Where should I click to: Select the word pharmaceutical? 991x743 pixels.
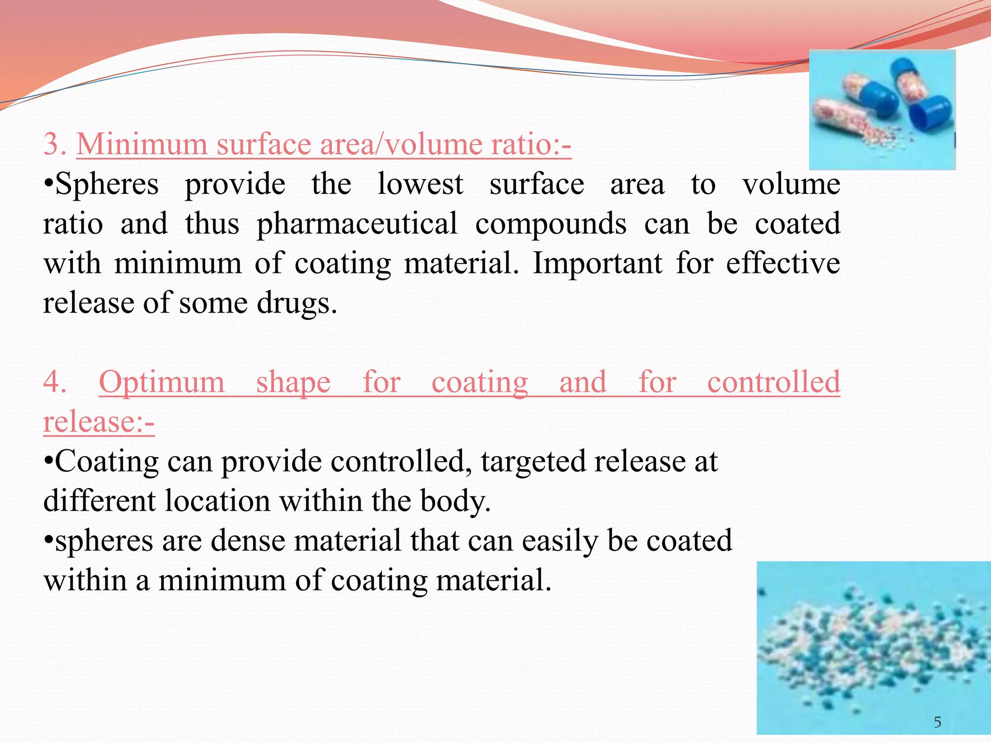point(357,224)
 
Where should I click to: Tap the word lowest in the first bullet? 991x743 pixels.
point(420,184)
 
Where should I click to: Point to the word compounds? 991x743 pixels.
point(551,224)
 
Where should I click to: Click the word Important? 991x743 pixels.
point(597,264)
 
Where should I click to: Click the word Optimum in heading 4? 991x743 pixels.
point(162,382)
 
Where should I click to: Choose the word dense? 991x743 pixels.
point(248,540)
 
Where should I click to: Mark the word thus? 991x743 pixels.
point(212,224)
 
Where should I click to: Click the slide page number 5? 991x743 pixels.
point(937,722)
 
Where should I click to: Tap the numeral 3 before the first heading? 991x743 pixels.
point(53,144)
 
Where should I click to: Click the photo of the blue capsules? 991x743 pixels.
point(882,110)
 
